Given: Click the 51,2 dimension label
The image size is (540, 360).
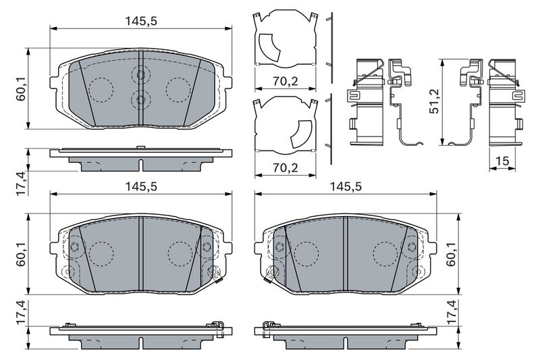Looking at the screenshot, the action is click(434, 101).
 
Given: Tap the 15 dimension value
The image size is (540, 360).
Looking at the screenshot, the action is click(503, 161).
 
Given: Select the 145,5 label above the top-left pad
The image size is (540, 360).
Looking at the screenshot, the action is click(141, 22).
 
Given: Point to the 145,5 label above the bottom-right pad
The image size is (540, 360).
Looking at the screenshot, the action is click(346, 186).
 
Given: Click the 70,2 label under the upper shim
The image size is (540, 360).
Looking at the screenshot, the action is click(285, 81).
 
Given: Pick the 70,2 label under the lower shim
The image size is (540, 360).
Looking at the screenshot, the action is click(285, 168).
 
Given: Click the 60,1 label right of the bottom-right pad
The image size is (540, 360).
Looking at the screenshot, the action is click(452, 254).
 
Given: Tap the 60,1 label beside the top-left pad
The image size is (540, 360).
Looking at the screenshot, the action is click(22, 88).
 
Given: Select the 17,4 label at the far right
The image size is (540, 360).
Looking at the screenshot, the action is click(452, 312).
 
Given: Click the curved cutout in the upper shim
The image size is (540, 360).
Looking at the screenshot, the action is click(269, 47).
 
